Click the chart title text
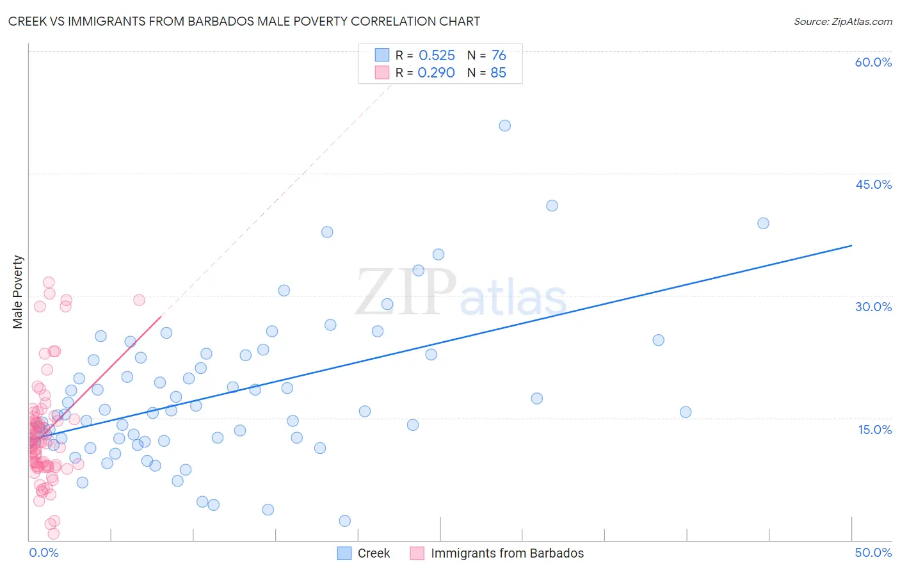(244, 21)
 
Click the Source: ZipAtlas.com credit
(842, 21)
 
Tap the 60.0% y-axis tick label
(873, 62)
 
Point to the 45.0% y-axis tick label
(873, 184)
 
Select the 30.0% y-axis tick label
(873, 307)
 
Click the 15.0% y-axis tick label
(874, 430)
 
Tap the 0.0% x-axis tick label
(44, 552)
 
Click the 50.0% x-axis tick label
(873, 552)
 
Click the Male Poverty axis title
(17, 292)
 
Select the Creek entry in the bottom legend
(374, 553)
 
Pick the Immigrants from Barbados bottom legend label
(507, 553)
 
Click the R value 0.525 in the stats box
(437, 56)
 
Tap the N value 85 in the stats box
(498, 73)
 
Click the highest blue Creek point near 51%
(504, 125)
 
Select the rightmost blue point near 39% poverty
(763, 223)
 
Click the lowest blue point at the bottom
(344, 521)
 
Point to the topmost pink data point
(49, 282)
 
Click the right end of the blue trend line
(851, 245)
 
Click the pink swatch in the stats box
(382, 72)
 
